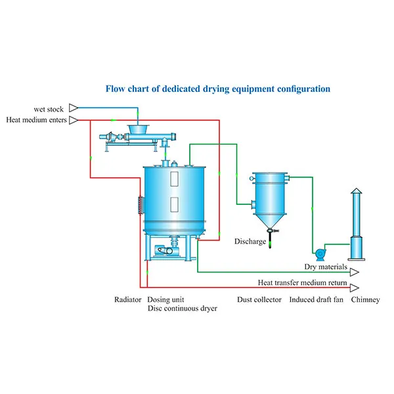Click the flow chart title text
pos(218,88)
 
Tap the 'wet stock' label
pos(49,108)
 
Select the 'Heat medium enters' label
pos(36,120)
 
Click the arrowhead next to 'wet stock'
pos(74,108)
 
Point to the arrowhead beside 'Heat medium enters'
pos(74,120)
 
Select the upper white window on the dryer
pos(174,179)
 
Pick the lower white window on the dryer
pos(174,204)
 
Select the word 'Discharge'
pos(250,242)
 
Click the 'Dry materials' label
pos(326,267)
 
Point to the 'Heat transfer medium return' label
pos(303,283)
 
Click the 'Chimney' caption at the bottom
pos(365,299)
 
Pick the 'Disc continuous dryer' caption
pos(182,308)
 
